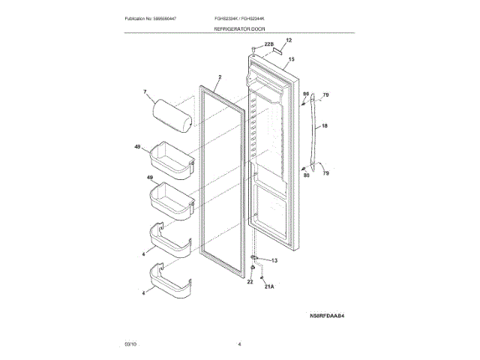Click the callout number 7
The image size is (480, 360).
[146, 93]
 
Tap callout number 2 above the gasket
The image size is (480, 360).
[220, 77]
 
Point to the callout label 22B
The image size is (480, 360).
[268, 45]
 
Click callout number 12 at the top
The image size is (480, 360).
[289, 40]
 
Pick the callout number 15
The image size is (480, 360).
[291, 58]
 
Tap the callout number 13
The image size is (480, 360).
[274, 260]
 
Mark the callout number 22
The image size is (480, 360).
[250, 282]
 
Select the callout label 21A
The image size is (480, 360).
[269, 286]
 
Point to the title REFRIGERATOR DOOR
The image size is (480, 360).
[239, 28]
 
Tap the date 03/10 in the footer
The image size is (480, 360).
[130, 343]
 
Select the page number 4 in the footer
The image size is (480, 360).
[239, 343]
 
